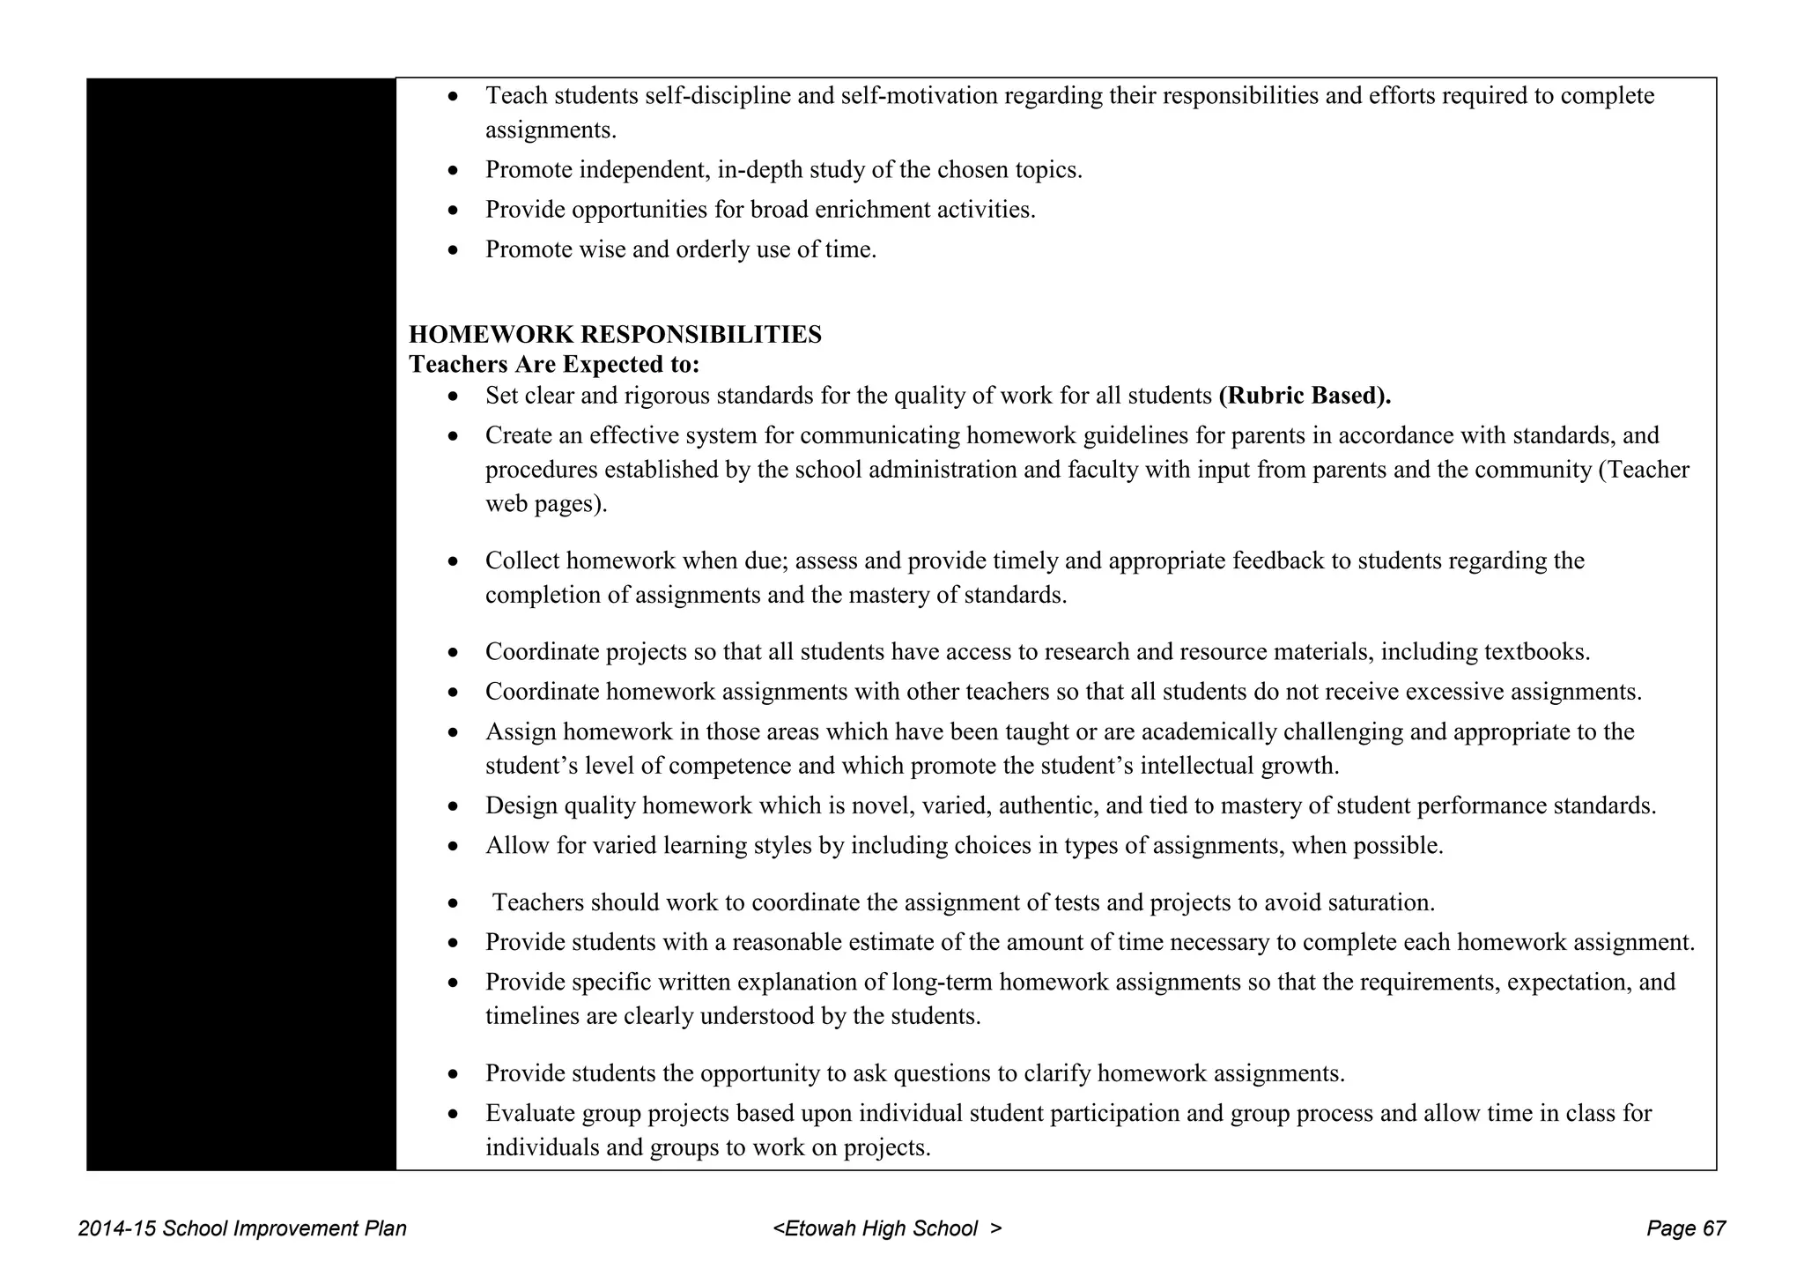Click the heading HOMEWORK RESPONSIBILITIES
pos(615,335)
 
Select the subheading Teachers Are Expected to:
pos(554,364)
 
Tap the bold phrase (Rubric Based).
pos(1305,396)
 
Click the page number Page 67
pos(1685,1228)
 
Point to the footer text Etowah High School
pos(881,1228)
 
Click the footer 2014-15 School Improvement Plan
pos(242,1228)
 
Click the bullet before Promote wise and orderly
pos(453,251)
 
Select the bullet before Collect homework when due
pos(453,562)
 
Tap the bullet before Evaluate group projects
pos(453,1115)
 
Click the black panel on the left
pos(241,624)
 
